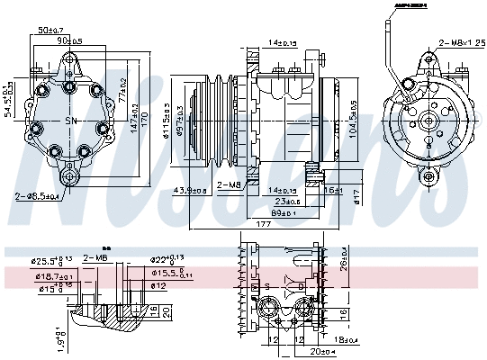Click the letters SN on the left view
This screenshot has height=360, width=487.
click(71, 121)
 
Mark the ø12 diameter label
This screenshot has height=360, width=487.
click(158, 286)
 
